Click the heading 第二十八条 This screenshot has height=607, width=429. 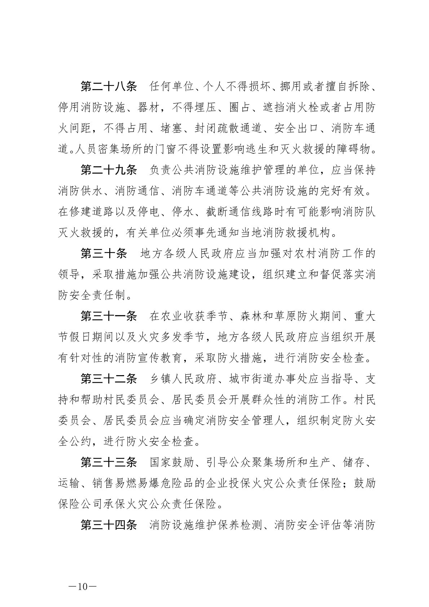click(109, 87)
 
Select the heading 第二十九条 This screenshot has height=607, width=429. click(109, 170)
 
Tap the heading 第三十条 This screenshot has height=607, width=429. click(104, 254)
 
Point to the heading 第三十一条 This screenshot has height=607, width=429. click(109, 316)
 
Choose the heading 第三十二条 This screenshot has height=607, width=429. click(109, 379)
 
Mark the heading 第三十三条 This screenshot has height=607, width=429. click(109, 462)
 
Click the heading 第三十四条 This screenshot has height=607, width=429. click(109, 525)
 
